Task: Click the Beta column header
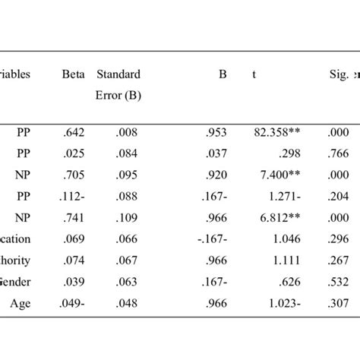point(74,75)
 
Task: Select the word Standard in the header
point(118,75)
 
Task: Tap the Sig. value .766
point(338,153)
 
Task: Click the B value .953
point(216,131)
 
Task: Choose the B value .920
point(216,174)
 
